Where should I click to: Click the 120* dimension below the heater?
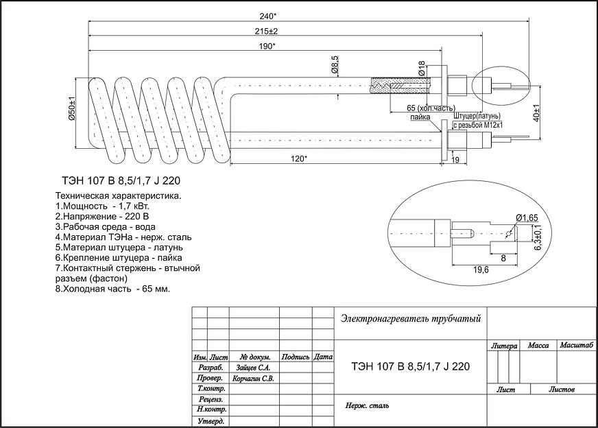[298, 158]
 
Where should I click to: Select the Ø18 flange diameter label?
[421, 68]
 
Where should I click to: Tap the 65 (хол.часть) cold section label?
[431, 108]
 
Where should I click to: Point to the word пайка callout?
[420, 118]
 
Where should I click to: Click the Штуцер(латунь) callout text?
[477, 116]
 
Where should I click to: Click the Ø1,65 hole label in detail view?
[527, 217]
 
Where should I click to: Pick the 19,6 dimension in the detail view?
[481, 270]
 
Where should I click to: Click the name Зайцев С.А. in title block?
[254, 368]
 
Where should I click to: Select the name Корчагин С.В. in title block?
[254, 378]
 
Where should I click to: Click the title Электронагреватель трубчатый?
[410, 318]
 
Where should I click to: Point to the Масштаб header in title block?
[575, 346]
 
